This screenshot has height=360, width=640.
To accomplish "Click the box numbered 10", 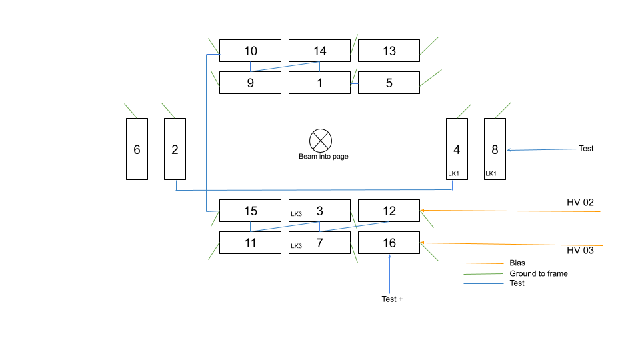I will point(250,51).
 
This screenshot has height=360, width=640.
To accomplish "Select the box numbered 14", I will point(319,51).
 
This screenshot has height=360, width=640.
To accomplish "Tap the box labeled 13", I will point(389,51).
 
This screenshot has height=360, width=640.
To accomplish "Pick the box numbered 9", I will point(250,83).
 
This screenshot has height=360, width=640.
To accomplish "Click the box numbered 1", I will point(319,83).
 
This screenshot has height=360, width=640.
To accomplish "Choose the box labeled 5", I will point(389,83).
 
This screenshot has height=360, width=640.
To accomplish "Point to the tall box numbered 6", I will point(137,149).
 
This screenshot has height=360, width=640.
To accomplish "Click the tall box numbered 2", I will point(175,149).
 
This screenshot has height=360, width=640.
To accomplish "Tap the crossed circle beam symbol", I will point(321,141).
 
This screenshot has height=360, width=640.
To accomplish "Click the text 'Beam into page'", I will point(323,157).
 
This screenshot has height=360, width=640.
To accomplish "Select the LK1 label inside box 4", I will point(454,173).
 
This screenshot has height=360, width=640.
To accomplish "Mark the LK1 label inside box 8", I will point(491,173).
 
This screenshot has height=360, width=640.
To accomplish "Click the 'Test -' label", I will point(589,149).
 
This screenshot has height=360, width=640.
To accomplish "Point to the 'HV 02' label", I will point(579,202).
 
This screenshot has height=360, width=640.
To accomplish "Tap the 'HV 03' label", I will point(579,251).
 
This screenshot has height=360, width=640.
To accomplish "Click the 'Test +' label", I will point(392,299).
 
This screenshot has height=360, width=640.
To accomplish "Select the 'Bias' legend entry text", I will point(517,263).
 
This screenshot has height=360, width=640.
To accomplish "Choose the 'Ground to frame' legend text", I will point(539,273).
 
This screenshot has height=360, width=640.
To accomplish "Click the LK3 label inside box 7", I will point(296,246).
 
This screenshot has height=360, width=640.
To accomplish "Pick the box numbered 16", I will point(389,243).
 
